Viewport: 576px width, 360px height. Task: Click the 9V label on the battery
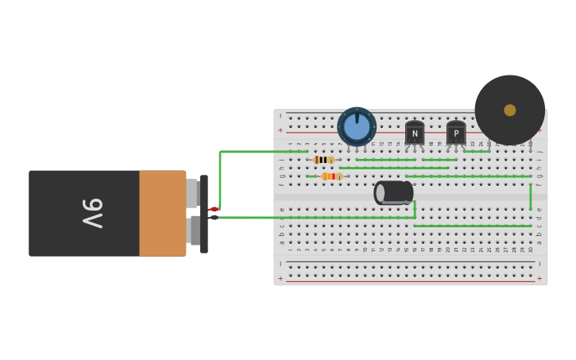click(x=92, y=213)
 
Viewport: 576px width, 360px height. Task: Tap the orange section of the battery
click(x=162, y=213)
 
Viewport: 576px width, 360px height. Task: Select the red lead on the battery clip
click(x=213, y=209)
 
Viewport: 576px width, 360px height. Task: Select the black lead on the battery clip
click(x=213, y=217)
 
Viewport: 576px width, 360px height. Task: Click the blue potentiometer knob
click(x=357, y=126)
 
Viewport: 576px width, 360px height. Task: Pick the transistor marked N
click(x=415, y=133)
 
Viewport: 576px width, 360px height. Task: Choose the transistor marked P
click(x=456, y=133)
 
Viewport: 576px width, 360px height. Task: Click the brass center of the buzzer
click(x=510, y=110)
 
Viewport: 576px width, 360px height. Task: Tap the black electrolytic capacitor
click(x=394, y=192)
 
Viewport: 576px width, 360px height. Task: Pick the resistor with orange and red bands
click(x=332, y=176)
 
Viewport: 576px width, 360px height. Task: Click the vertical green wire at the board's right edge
click(x=531, y=196)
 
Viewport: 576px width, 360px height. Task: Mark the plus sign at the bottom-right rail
click(x=539, y=278)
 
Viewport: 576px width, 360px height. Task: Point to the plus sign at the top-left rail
click(x=280, y=130)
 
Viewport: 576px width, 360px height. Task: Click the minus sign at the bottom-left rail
click(x=280, y=264)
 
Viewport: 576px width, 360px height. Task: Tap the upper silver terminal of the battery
click(x=192, y=192)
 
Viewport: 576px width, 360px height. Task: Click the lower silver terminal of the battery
click(x=194, y=230)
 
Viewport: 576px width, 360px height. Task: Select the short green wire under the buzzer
click(x=477, y=151)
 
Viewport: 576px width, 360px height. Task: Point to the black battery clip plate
click(x=204, y=214)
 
